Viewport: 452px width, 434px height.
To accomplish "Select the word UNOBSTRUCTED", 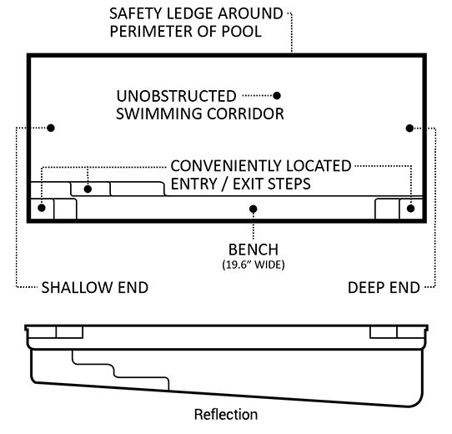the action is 177,96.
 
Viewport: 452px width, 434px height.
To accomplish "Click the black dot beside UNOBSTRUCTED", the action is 277,95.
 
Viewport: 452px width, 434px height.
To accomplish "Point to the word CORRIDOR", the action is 246,114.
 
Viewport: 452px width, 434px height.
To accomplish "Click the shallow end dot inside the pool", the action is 51,128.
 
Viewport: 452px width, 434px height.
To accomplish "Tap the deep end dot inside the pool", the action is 409,129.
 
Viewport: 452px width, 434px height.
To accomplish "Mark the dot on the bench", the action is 253,209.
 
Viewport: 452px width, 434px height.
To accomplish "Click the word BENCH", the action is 254,250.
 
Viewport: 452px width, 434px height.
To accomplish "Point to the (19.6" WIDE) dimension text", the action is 254,265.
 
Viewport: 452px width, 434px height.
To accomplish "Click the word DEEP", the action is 365,288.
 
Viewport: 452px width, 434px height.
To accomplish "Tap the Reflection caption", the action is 226,414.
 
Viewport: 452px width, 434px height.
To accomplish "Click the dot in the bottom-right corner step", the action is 411,209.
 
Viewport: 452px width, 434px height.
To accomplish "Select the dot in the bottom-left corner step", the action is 42,208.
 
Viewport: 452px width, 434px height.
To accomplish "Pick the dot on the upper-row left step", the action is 88,189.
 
